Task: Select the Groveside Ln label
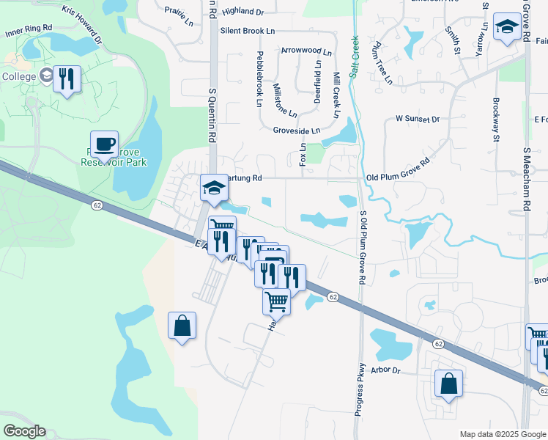[297, 131]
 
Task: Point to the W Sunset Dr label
[417, 118]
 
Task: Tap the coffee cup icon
[104, 144]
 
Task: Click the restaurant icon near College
[67, 78]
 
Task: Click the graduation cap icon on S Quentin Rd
[215, 188]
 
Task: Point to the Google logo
[24, 431]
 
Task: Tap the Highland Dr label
[242, 12]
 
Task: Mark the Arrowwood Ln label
[306, 51]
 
